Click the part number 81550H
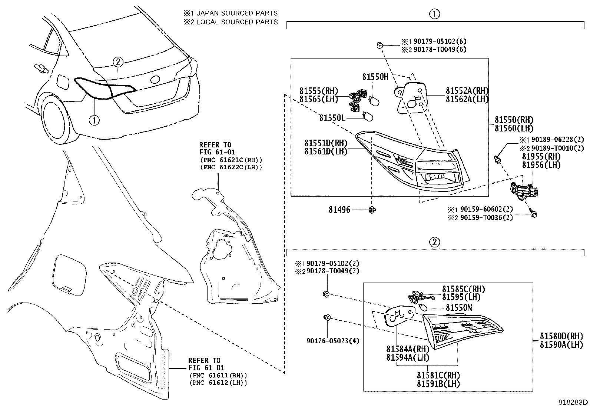tap(375, 77)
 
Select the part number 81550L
tap(332, 118)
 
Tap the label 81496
tap(339, 210)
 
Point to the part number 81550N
tap(458, 307)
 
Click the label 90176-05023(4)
tap(332, 341)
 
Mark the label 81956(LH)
tap(541, 165)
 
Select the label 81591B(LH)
tap(438, 384)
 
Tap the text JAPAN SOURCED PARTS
tap(237, 13)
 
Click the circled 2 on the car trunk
tap(117, 61)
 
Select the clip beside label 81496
tap(372, 210)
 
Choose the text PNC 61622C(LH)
tap(231, 167)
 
